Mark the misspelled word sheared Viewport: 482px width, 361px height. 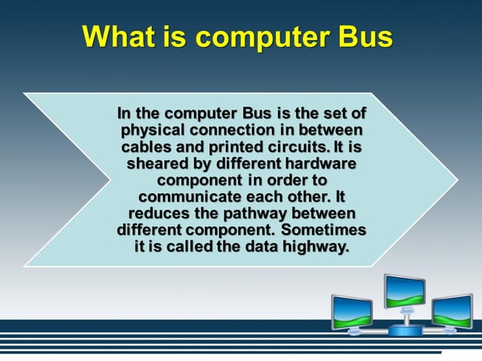click(156, 163)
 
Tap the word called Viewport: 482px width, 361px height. click(186, 246)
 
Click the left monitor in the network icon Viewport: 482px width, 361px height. click(352, 310)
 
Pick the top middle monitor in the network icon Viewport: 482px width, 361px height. click(405, 290)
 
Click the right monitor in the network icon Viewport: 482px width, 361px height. click(452, 310)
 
